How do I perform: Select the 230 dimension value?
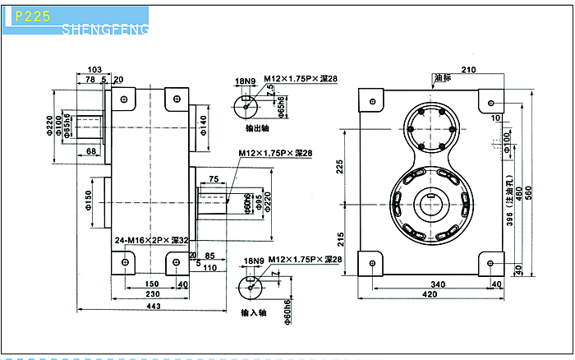[153, 294]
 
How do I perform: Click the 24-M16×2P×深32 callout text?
[153, 240]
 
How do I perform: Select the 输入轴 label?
[253, 313]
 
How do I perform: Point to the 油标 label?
[443, 79]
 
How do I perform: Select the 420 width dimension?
[429, 295]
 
